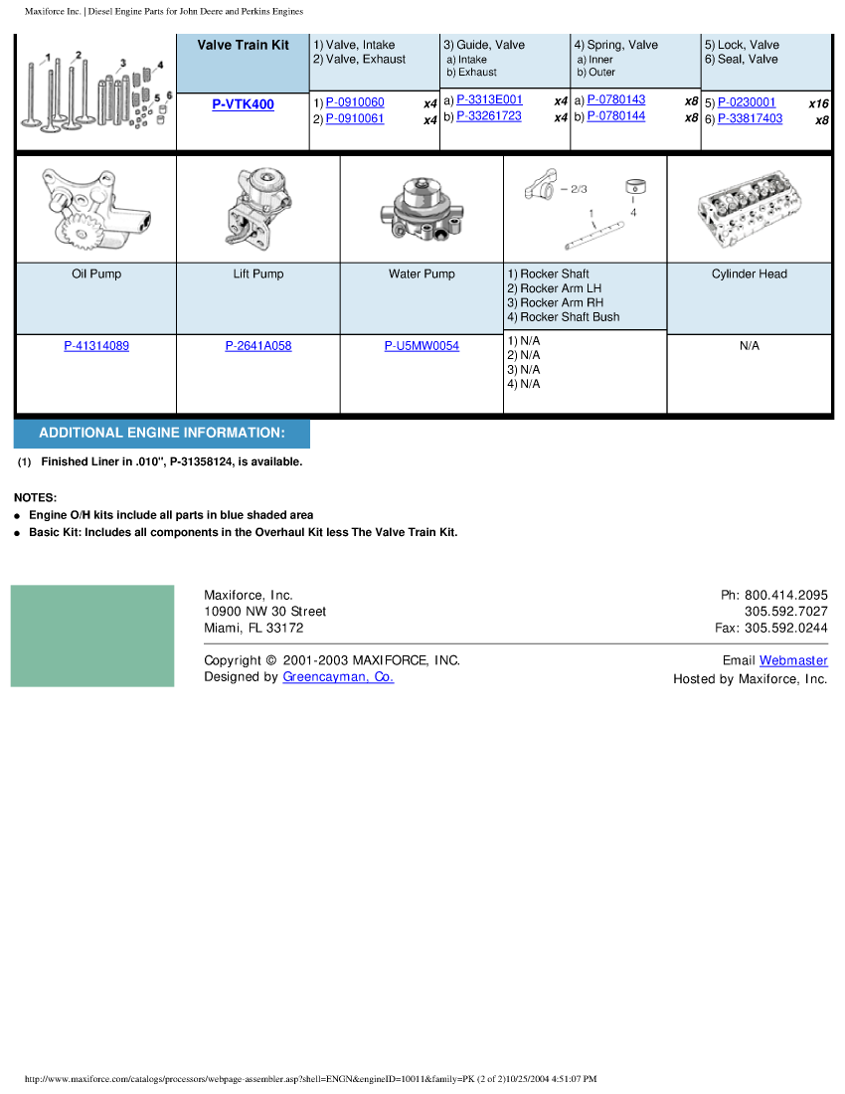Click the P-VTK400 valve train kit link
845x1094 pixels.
243,104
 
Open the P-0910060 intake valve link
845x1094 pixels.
355,102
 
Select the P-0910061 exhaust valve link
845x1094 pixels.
355,119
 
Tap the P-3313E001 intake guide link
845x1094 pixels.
489,99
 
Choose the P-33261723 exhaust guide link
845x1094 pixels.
489,116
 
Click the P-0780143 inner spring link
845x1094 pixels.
615,99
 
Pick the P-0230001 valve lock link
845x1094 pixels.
747,102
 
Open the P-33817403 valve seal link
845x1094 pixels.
750,118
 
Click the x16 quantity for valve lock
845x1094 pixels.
818,103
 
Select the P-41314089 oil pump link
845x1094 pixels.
96,346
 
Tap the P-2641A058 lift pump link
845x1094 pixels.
258,346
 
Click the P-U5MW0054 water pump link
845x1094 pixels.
422,346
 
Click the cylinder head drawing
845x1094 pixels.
749,209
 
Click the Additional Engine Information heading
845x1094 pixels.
162,434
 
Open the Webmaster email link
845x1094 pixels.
793,660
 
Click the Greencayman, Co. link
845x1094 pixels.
338,677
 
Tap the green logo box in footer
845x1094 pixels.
92,636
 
